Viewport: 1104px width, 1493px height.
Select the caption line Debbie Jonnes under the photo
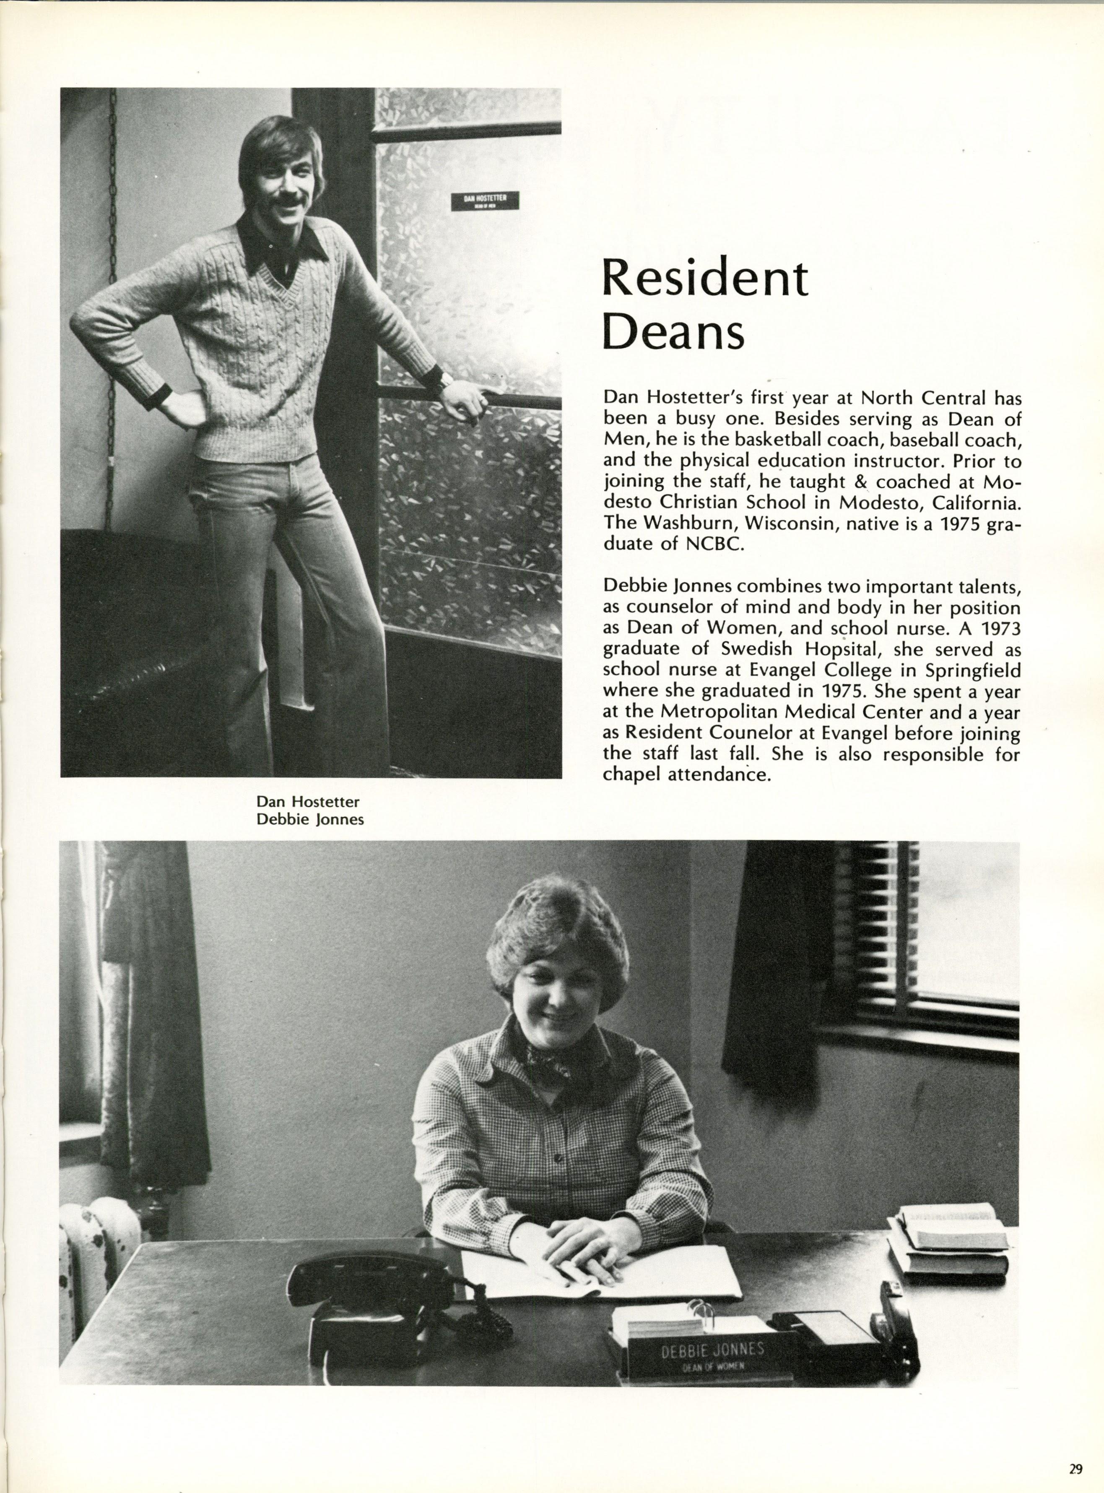pyautogui.click(x=310, y=818)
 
